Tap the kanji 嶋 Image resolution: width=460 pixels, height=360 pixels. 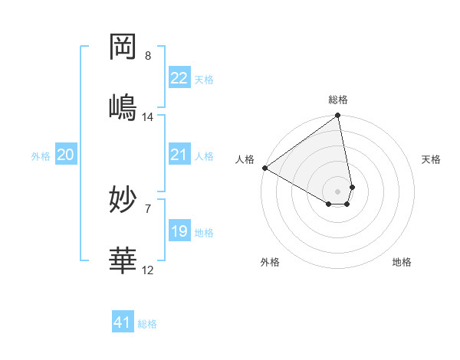(x=123, y=106)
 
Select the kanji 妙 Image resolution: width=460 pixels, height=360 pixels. (x=123, y=201)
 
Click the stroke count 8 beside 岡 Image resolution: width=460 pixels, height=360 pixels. (x=148, y=56)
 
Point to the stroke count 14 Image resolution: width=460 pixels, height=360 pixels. (x=148, y=116)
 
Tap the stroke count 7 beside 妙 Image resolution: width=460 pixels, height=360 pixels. (x=148, y=208)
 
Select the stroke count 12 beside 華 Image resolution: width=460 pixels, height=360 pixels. (x=148, y=270)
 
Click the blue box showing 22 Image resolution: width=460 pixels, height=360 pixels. (x=179, y=78)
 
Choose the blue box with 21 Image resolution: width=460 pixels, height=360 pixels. (x=179, y=155)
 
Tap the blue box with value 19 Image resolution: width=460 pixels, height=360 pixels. (x=179, y=231)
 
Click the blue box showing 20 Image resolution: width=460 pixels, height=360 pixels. (x=66, y=155)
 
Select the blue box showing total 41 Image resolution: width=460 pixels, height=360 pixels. (x=123, y=322)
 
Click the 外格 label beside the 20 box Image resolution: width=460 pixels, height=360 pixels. (x=41, y=156)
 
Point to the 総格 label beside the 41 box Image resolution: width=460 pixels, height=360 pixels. (x=147, y=324)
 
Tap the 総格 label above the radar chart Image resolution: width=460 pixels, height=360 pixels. (x=338, y=100)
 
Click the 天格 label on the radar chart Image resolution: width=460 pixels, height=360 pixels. (x=432, y=159)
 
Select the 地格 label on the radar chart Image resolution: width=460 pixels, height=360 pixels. (x=402, y=262)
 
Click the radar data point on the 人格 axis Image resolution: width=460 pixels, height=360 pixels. (x=264, y=168)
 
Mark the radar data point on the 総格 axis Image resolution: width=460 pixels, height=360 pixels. (x=338, y=116)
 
